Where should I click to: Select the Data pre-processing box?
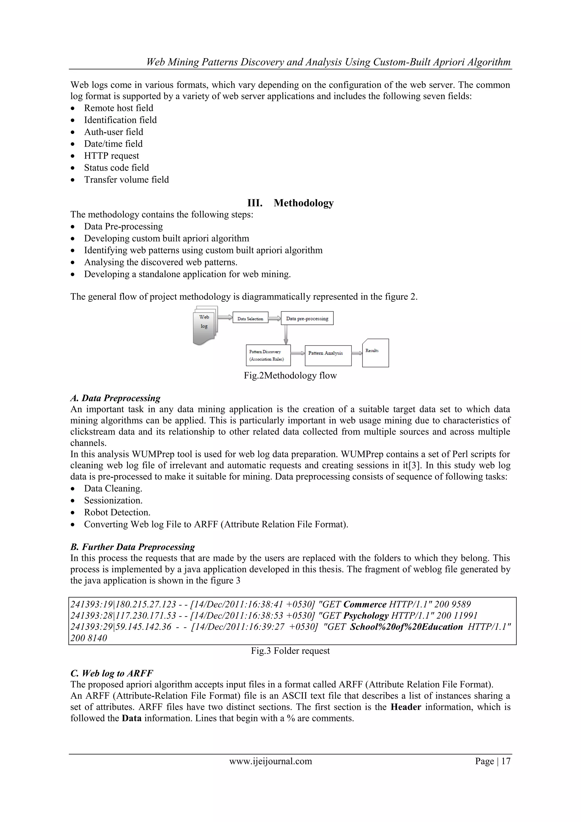click(307, 318)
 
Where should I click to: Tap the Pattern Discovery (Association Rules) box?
click(268, 355)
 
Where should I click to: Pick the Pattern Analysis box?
click(328, 355)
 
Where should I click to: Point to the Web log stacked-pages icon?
click(205, 325)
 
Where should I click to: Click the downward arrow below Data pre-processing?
click(285, 334)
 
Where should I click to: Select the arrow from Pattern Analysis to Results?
click(357, 353)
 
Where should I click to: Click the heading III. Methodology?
click(290, 203)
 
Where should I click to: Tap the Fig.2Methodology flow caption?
click(290, 376)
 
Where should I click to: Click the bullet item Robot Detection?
click(117, 512)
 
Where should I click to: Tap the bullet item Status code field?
click(116, 167)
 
